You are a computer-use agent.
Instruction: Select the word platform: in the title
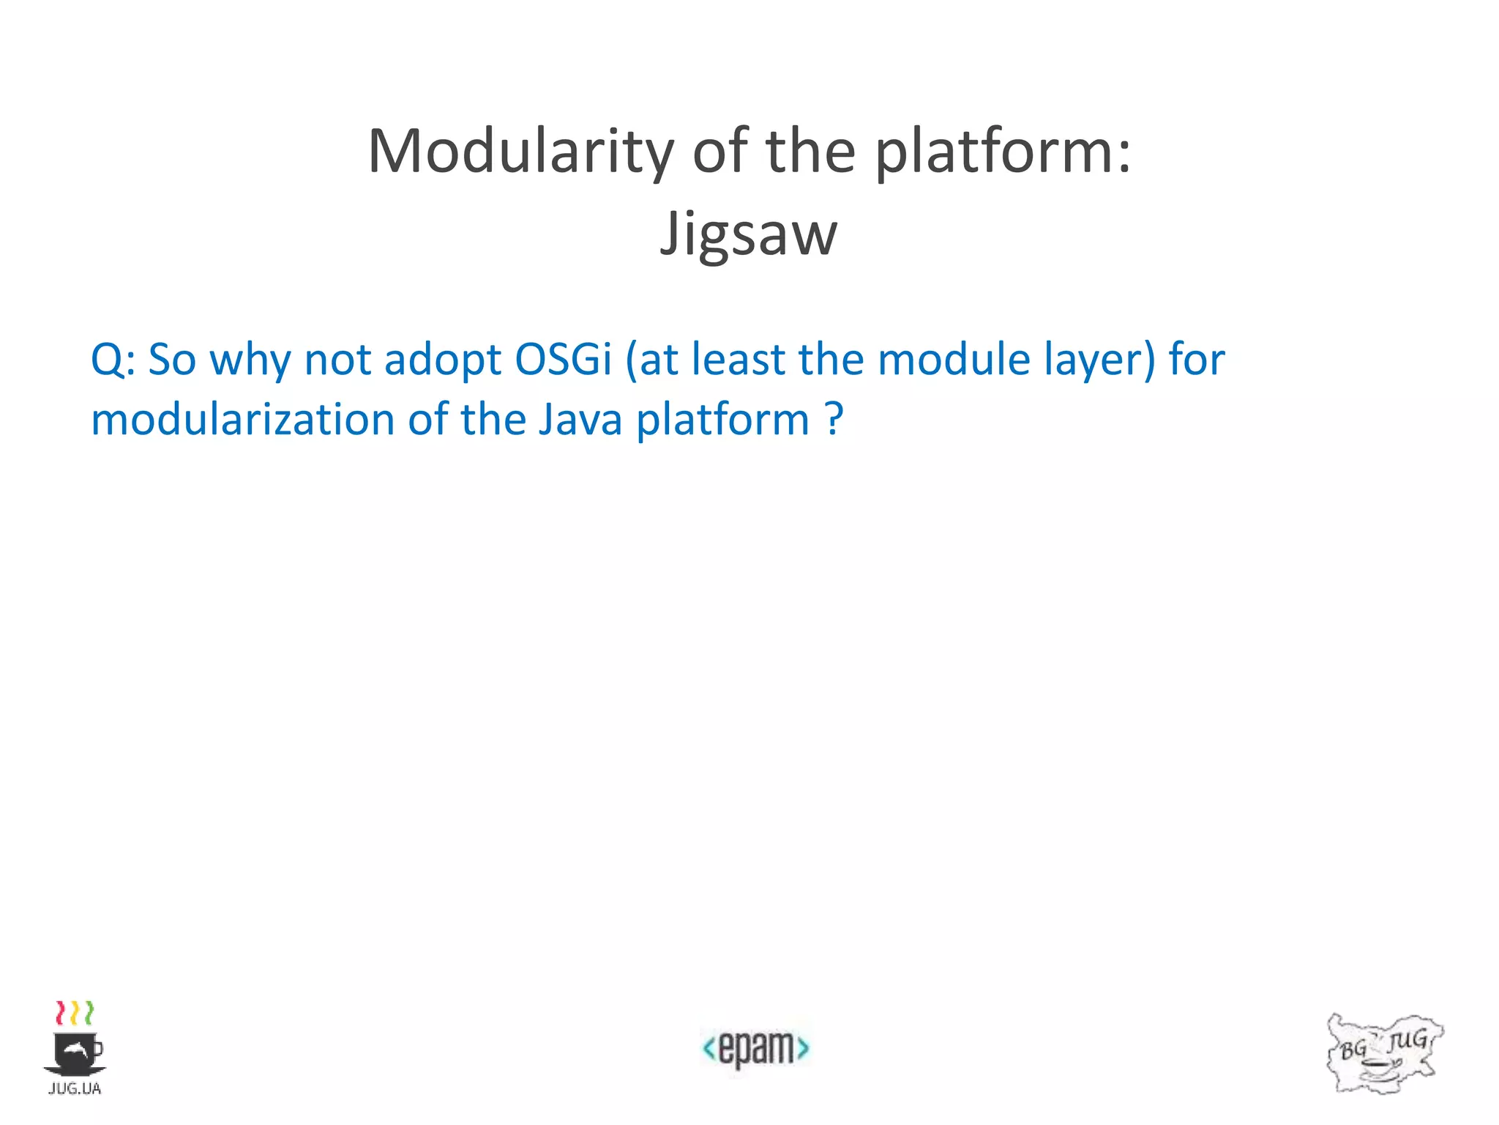coord(1003,152)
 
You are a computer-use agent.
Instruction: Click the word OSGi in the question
coord(563,360)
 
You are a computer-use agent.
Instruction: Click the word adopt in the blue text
coord(443,361)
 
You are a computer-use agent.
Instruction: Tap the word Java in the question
coord(580,420)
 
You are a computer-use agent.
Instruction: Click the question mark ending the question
coord(834,419)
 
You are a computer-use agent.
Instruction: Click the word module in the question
coord(952,360)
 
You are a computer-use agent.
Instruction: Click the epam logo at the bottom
coord(755,1048)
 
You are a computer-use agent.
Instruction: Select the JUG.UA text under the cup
coord(75,1089)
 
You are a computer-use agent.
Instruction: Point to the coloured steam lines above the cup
coord(75,1013)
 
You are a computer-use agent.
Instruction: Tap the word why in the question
coord(250,361)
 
